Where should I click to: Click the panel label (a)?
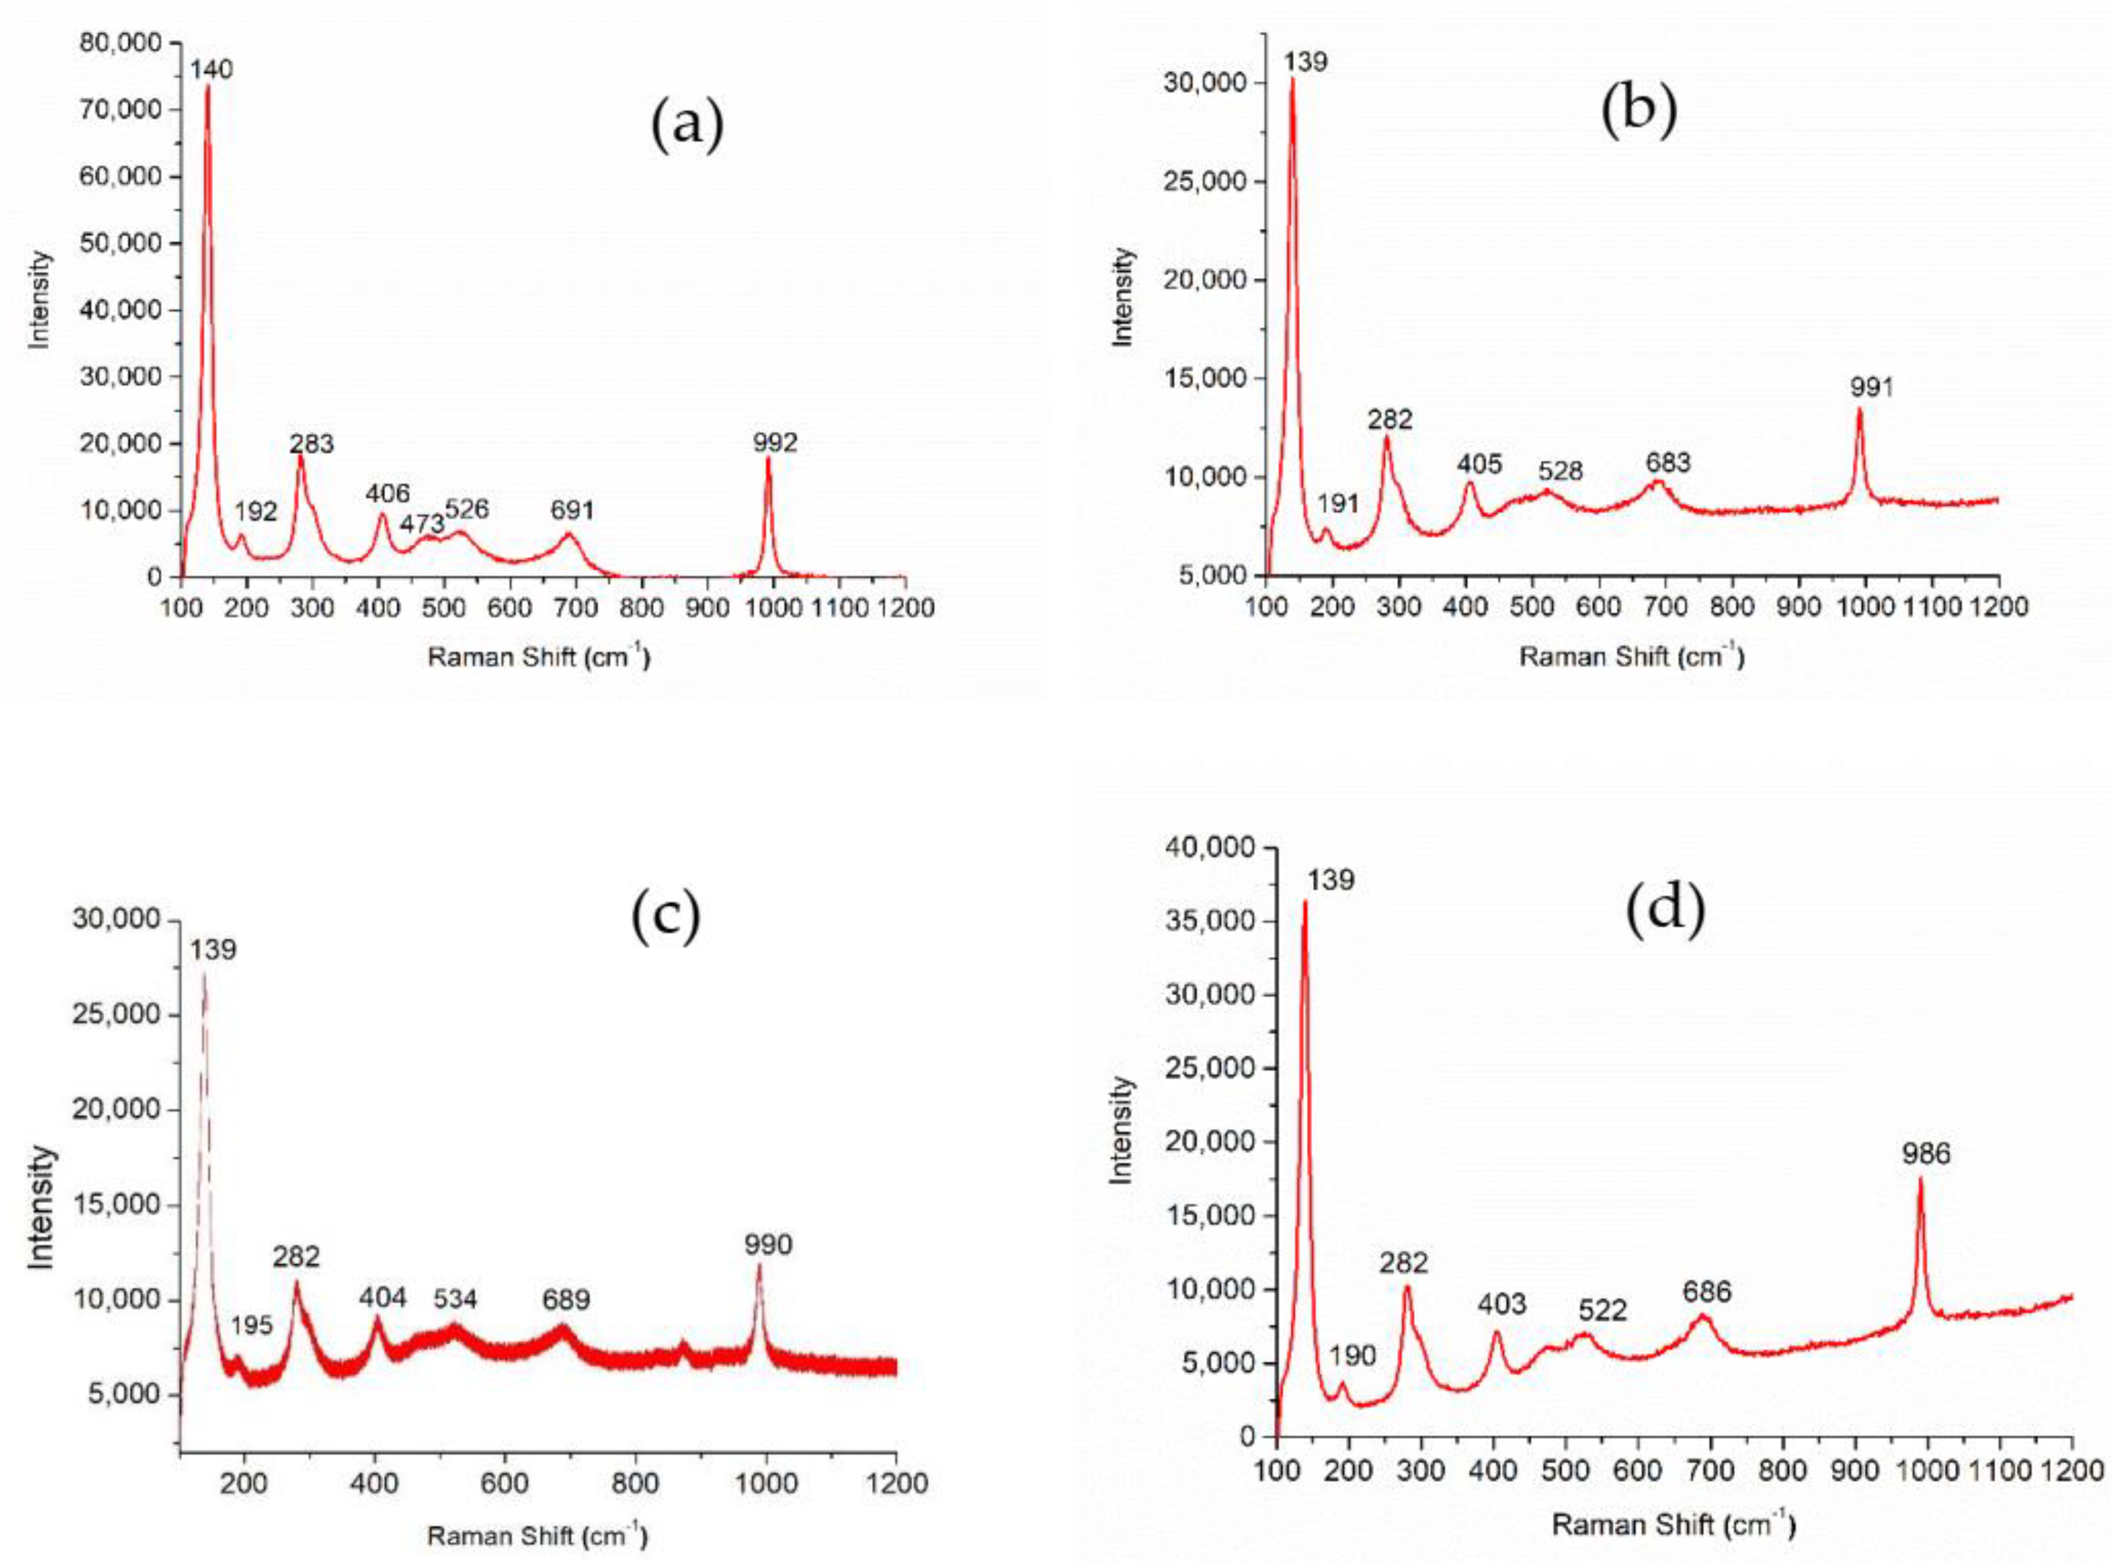click(687, 124)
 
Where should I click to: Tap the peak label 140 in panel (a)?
click(211, 69)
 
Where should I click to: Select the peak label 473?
click(421, 523)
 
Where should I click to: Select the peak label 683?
click(1668, 462)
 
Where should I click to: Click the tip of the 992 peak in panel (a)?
click(768, 459)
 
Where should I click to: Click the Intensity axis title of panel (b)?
click(1122, 296)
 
